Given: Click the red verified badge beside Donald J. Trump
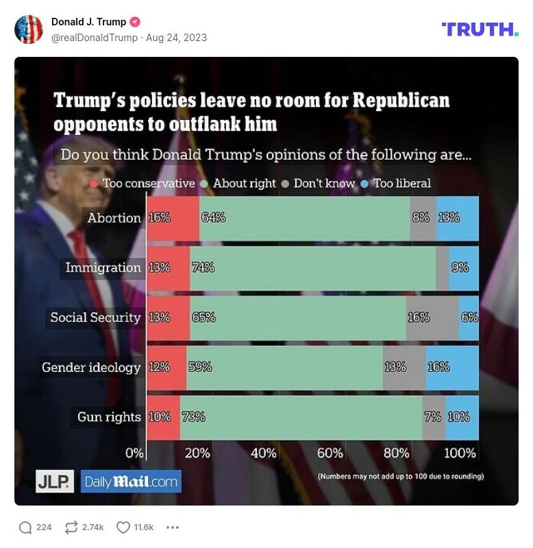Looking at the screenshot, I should (135, 22).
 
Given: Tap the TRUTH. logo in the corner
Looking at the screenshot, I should (480, 29).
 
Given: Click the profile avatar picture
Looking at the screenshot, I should (29, 29).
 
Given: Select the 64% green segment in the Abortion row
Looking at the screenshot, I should (305, 218).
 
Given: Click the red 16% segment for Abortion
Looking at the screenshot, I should (173, 218).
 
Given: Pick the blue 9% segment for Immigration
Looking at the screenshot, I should (464, 268).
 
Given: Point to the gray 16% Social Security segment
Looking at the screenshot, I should (432, 318).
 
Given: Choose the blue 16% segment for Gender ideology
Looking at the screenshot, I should (451, 367).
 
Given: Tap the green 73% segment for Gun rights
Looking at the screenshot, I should (301, 417).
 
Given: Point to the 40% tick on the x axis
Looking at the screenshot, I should (264, 453).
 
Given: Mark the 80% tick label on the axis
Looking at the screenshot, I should (396, 453).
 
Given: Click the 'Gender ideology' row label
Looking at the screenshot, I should (91, 367).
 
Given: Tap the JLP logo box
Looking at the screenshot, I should (55, 482).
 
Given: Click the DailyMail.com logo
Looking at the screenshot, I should (131, 482).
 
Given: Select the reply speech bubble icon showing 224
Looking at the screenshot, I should (26, 527).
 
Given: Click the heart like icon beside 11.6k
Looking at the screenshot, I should (123, 527).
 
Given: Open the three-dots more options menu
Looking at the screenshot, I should (173, 527).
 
